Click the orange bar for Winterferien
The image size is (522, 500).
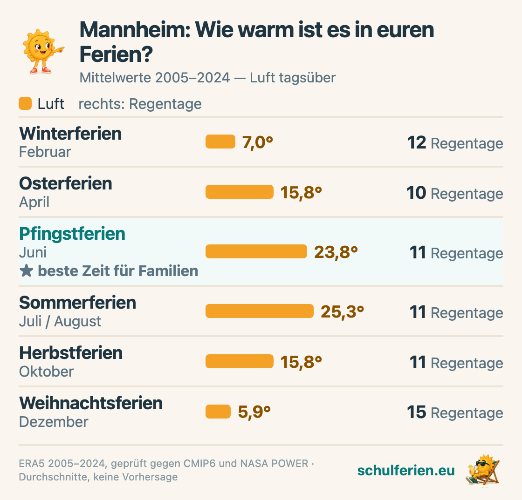click(220, 142)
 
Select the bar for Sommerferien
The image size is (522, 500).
click(259, 311)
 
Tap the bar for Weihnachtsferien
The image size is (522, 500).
click(218, 412)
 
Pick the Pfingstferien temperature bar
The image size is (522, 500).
click(256, 251)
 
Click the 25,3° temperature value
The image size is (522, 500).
click(342, 312)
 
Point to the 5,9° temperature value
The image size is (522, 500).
click(254, 412)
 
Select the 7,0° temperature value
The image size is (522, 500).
click(257, 142)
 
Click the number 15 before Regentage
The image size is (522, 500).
click(417, 412)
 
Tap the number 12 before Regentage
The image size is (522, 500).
click(417, 142)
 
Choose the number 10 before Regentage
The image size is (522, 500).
click(416, 193)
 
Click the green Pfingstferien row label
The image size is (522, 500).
click(72, 234)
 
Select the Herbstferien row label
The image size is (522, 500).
click(71, 353)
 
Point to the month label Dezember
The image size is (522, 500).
click(54, 422)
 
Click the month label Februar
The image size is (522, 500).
click(45, 152)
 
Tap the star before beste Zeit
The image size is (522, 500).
click(26, 270)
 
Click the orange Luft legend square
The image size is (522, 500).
click(25, 103)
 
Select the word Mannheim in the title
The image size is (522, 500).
click(135, 30)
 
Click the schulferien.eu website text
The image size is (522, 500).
click(406, 470)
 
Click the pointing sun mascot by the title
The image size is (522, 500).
click(42, 52)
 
